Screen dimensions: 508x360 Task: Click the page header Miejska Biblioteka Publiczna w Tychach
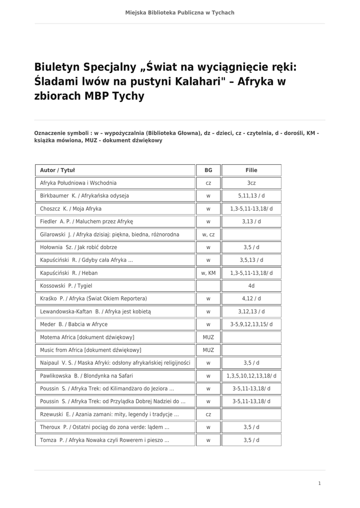(x=180, y=12)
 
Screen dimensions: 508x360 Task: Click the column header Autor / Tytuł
(x=58, y=170)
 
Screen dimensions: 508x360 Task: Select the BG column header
(x=208, y=170)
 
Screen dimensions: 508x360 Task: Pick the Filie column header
(x=251, y=170)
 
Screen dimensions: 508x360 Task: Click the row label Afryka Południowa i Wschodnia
(x=78, y=183)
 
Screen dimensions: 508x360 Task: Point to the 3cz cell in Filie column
(x=251, y=183)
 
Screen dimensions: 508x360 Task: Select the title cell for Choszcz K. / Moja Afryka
(x=71, y=209)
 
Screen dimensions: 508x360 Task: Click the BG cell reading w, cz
(x=208, y=235)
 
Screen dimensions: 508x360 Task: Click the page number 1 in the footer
(x=319, y=483)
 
